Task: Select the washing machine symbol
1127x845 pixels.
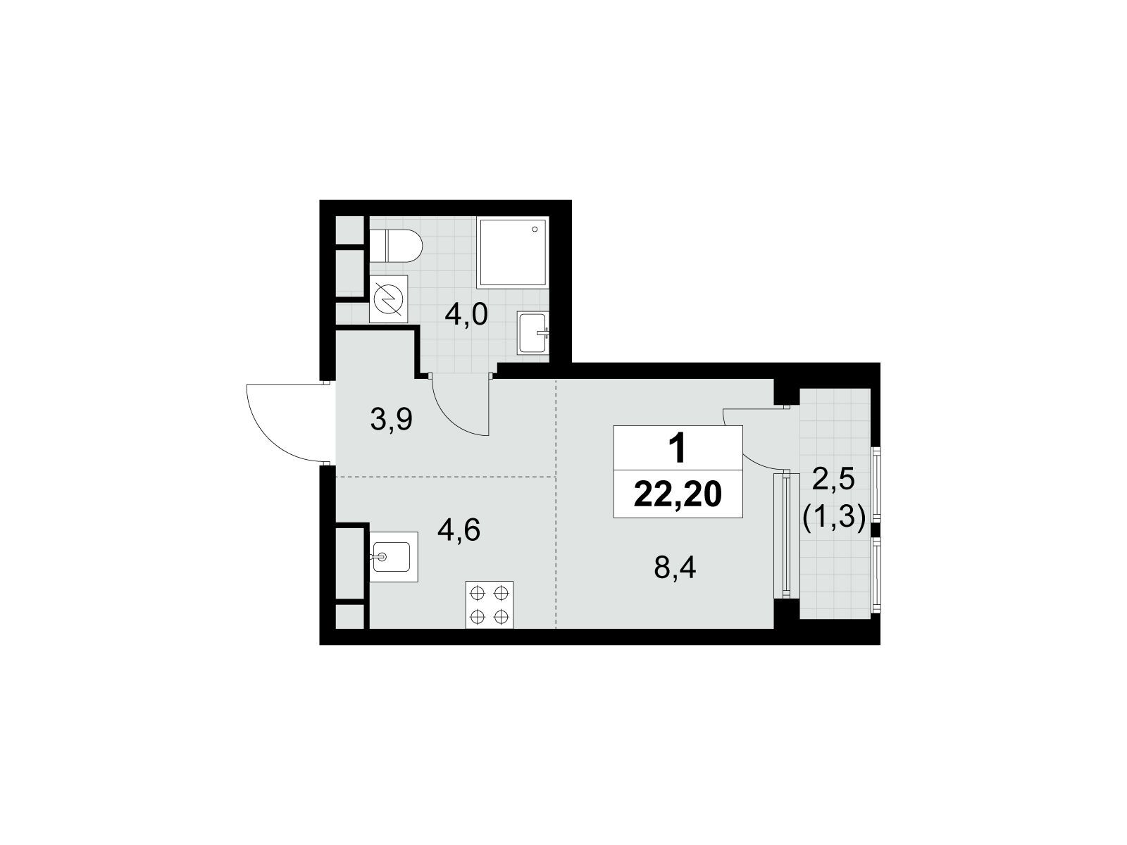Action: (389, 299)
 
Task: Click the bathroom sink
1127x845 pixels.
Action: (533, 333)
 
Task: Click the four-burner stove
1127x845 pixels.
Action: (489, 603)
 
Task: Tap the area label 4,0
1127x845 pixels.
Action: (466, 316)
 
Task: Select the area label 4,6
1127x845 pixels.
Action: (459, 530)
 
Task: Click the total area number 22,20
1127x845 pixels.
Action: (678, 495)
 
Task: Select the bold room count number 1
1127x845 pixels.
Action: (678, 449)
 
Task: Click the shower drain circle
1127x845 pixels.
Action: (536, 229)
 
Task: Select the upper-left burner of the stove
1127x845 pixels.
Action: (477, 592)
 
